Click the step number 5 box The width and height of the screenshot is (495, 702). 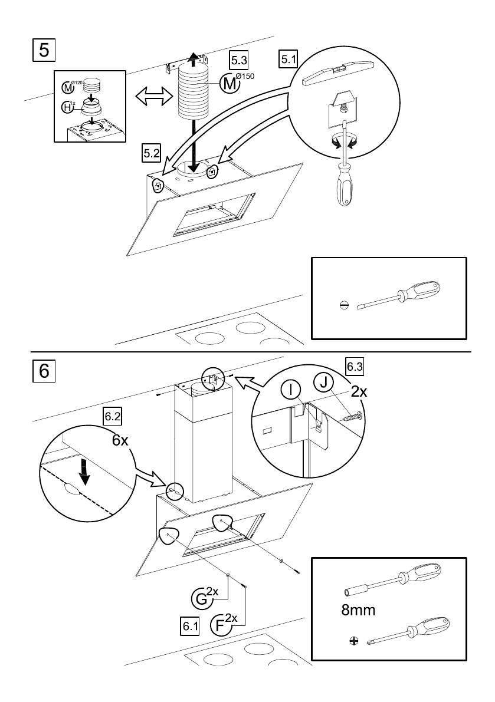point(44,48)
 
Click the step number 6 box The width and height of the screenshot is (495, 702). point(44,371)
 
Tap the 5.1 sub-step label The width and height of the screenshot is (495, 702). point(289,59)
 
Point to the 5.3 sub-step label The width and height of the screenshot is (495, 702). point(239,60)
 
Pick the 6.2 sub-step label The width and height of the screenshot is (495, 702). point(112,416)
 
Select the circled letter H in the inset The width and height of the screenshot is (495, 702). point(68,107)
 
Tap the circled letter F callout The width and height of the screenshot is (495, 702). point(220,624)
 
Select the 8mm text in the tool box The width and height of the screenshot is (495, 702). point(358,611)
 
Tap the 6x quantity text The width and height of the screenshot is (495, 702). point(120,441)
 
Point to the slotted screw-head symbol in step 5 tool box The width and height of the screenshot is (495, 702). point(345,305)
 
